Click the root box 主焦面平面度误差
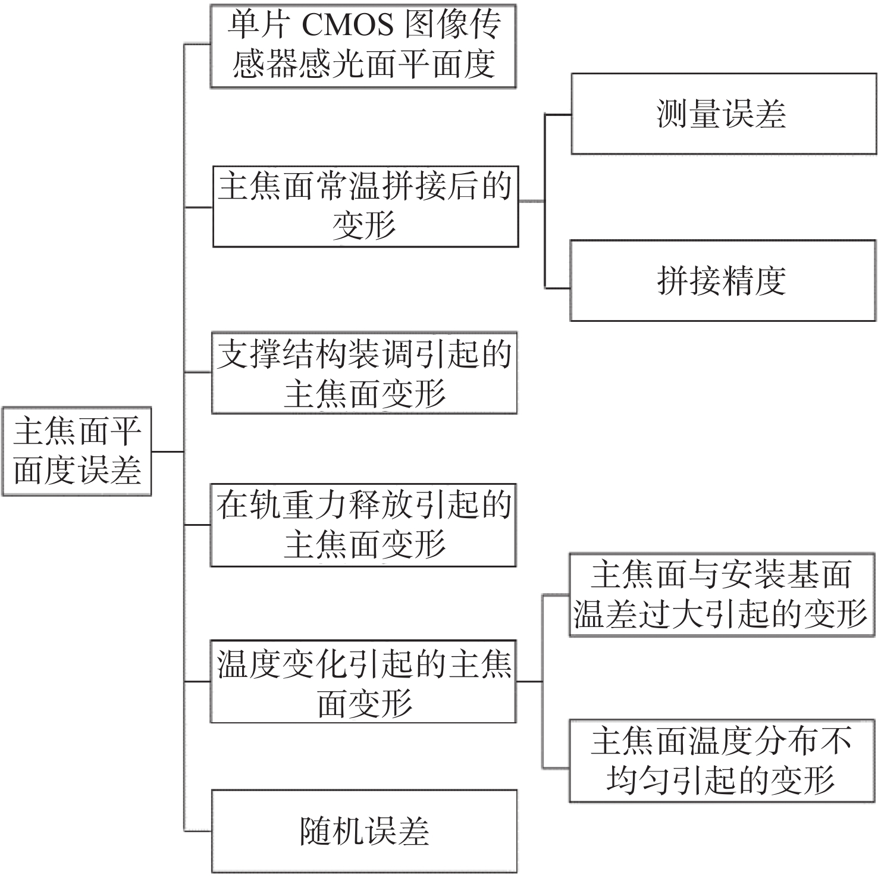(x=77, y=451)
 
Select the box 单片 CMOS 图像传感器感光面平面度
(x=363, y=46)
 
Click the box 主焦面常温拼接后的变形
(x=365, y=206)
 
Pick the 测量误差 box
(x=723, y=114)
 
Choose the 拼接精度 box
(x=722, y=280)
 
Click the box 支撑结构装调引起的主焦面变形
(x=364, y=373)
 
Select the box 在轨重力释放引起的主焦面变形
(x=363, y=525)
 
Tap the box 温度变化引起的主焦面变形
(x=363, y=681)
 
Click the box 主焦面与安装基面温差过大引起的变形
(x=722, y=595)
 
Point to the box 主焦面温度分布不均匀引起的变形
(x=722, y=761)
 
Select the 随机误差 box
(x=364, y=831)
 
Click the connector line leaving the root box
(x=168, y=451)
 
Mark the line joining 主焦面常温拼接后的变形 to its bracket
(x=531, y=202)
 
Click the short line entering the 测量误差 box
(x=558, y=114)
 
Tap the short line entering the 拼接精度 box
(x=557, y=289)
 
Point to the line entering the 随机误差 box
(x=197, y=830)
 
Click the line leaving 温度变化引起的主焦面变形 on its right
(x=529, y=682)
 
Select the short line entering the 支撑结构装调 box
(x=198, y=372)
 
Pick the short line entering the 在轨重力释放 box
(x=197, y=525)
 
